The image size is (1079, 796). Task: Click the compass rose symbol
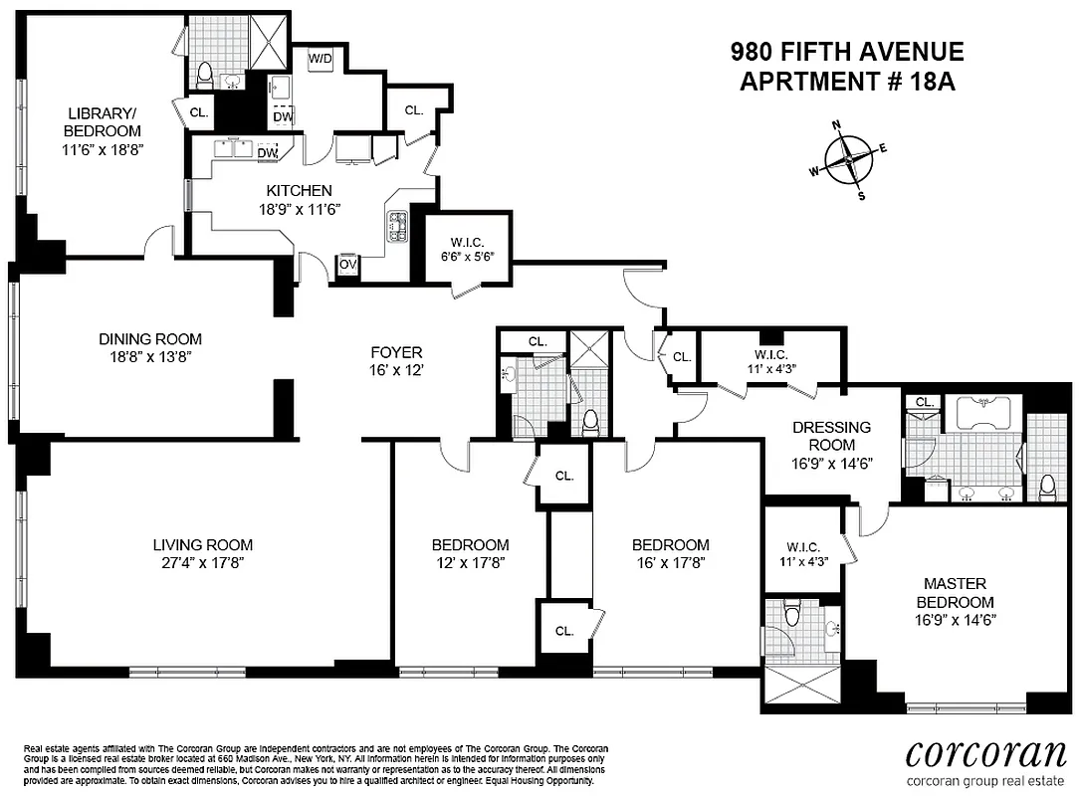(x=848, y=158)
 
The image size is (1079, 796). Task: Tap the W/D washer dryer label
(x=321, y=59)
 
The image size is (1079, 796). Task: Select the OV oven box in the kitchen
(x=348, y=265)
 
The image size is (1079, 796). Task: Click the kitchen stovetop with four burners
(x=397, y=227)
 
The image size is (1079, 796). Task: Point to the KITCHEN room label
(x=299, y=190)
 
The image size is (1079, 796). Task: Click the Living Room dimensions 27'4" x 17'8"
(x=202, y=562)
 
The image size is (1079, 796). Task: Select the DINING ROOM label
(x=150, y=338)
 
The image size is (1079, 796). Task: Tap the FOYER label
(x=396, y=351)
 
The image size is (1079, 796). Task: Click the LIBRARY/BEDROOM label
(x=103, y=121)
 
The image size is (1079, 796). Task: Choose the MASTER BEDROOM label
(x=955, y=592)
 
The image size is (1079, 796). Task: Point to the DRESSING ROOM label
(x=832, y=435)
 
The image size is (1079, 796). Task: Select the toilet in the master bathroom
(x=1046, y=487)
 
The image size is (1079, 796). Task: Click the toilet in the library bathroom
(x=206, y=74)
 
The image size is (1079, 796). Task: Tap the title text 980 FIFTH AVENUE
(x=847, y=52)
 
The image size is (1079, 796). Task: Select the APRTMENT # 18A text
(x=847, y=82)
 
